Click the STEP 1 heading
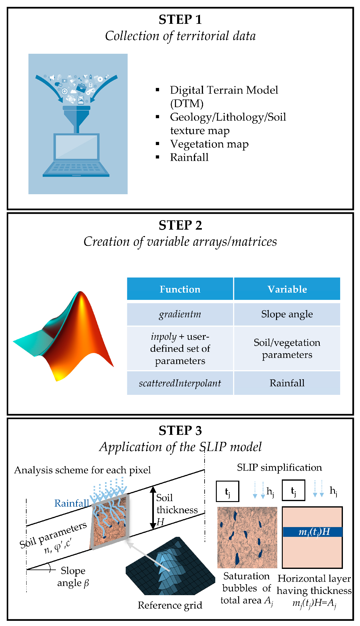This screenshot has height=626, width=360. [x=180, y=20]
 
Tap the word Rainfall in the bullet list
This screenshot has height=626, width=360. [x=189, y=158]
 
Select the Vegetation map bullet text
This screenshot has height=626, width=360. [x=209, y=144]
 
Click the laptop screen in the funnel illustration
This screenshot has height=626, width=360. [x=76, y=147]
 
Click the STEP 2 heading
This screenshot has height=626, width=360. [x=180, y=225]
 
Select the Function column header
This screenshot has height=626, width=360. [x=180, y=289]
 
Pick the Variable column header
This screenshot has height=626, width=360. [x=287, y=289]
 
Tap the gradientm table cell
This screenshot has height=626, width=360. [x=180, y=314]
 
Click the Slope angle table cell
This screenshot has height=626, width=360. [x=287, y=314]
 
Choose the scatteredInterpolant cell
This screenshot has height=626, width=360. [x=180, y=383]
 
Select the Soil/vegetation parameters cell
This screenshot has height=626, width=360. [x=287, y=349]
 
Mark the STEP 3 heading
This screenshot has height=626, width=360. [x=180, y=431]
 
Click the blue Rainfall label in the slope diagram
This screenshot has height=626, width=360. [x=71, y=503]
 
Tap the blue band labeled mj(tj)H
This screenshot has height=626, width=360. [x=312, y=532]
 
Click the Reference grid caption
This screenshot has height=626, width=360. [x=170, y=605]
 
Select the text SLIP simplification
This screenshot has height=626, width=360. [x=279, y=468]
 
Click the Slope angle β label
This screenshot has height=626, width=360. [x=73, y=577]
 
